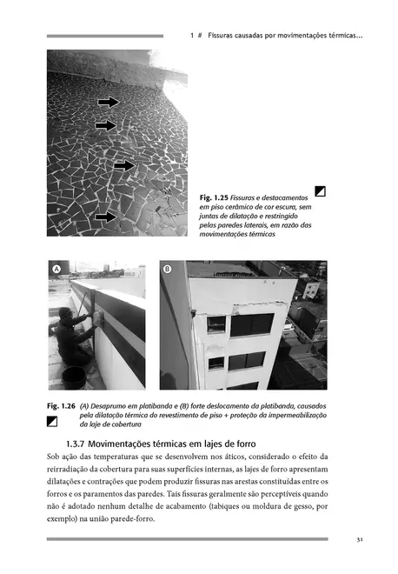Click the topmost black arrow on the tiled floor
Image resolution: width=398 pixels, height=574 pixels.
(109, 102)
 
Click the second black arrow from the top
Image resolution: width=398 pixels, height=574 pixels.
(105, 126)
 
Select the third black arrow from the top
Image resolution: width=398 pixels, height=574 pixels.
(124, 165)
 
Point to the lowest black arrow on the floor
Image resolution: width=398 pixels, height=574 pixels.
(105, 217)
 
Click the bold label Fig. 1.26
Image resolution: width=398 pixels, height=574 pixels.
(60, 406)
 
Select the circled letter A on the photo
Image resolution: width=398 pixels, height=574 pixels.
(56, 270)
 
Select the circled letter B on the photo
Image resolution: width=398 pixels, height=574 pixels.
(169, 270)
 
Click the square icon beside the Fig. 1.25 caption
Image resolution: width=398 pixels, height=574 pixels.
(321, 191)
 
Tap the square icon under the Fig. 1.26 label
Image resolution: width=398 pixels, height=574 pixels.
(52, 422)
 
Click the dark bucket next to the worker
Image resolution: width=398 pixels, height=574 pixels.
(75, 377)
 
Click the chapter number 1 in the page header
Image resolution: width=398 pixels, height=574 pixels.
(190, 36)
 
